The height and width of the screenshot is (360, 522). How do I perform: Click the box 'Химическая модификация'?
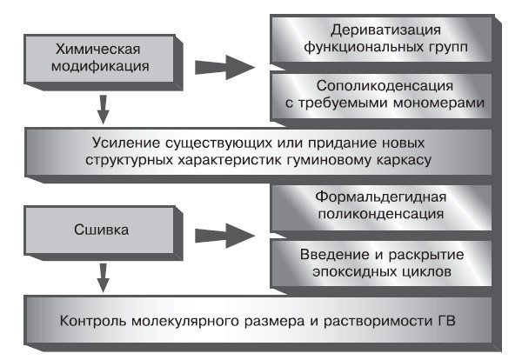click(x=103, y=57)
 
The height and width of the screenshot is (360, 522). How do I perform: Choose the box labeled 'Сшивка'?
click(x=103, y=233)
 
